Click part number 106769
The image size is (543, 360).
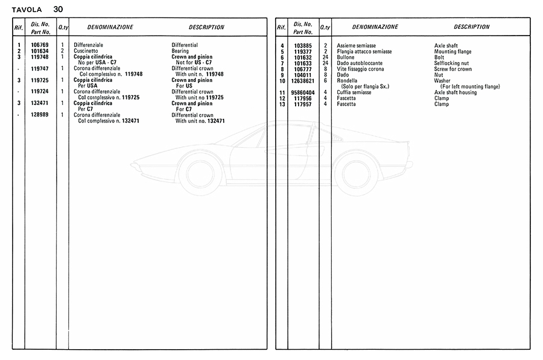coord(40,45)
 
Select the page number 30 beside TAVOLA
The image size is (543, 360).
coord(57,9)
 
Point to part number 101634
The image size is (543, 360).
coord(40,51)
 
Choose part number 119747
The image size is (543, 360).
coord(40,69)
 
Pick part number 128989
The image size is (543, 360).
coord(40,115)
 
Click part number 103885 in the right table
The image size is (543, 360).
coord(302,46)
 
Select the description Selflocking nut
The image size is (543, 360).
coord(451,63)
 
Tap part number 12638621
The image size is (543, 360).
coord(302,81)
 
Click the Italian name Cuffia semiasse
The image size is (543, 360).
coord(355,92)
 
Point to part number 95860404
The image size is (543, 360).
coord(302,92)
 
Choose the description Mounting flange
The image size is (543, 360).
coord(453,52)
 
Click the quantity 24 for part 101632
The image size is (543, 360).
coord(325,57)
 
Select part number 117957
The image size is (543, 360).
coord(302,104)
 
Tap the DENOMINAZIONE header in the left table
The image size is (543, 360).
coord(110,27)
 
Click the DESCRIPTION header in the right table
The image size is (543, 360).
coord(471,27)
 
